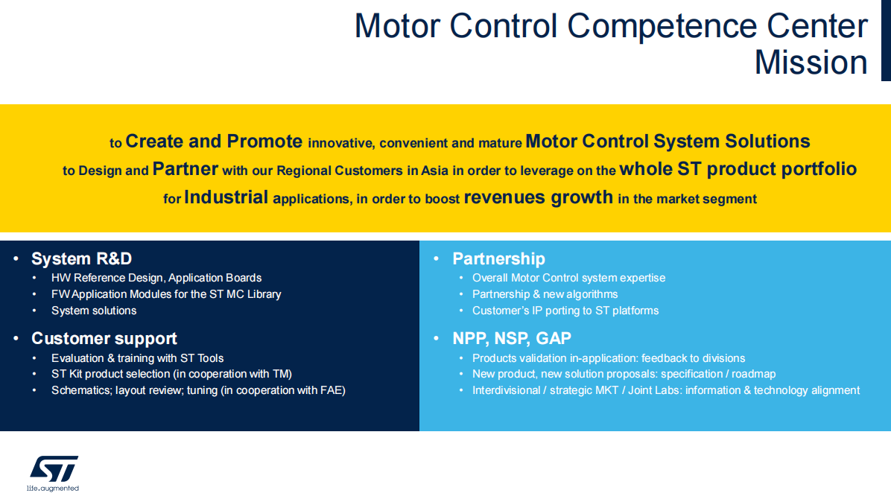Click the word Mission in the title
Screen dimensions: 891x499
[811, 62]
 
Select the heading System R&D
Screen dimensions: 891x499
[81, 258]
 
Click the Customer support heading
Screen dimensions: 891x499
[104, 338]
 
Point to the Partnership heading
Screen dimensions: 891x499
[498, 258]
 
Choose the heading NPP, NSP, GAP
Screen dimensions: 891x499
[511, 338]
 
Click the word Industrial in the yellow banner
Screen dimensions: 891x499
[226, 197]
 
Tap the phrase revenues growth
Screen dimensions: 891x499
[538, 197]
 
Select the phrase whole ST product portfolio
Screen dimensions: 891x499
[738, 169]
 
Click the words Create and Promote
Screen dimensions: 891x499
[214, 141]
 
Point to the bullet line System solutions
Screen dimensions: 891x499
[94, 311]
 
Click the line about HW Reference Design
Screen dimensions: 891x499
[156, 278]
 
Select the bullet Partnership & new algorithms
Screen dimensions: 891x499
[545, 294]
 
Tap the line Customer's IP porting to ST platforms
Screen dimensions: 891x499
[565, 311]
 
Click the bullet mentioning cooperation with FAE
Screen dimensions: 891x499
[198, 390]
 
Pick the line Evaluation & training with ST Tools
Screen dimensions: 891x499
[137, 358]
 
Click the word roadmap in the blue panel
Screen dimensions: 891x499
[753, 374]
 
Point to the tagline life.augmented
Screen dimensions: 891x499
[53, 489]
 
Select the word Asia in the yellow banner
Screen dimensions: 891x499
[435, 171]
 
